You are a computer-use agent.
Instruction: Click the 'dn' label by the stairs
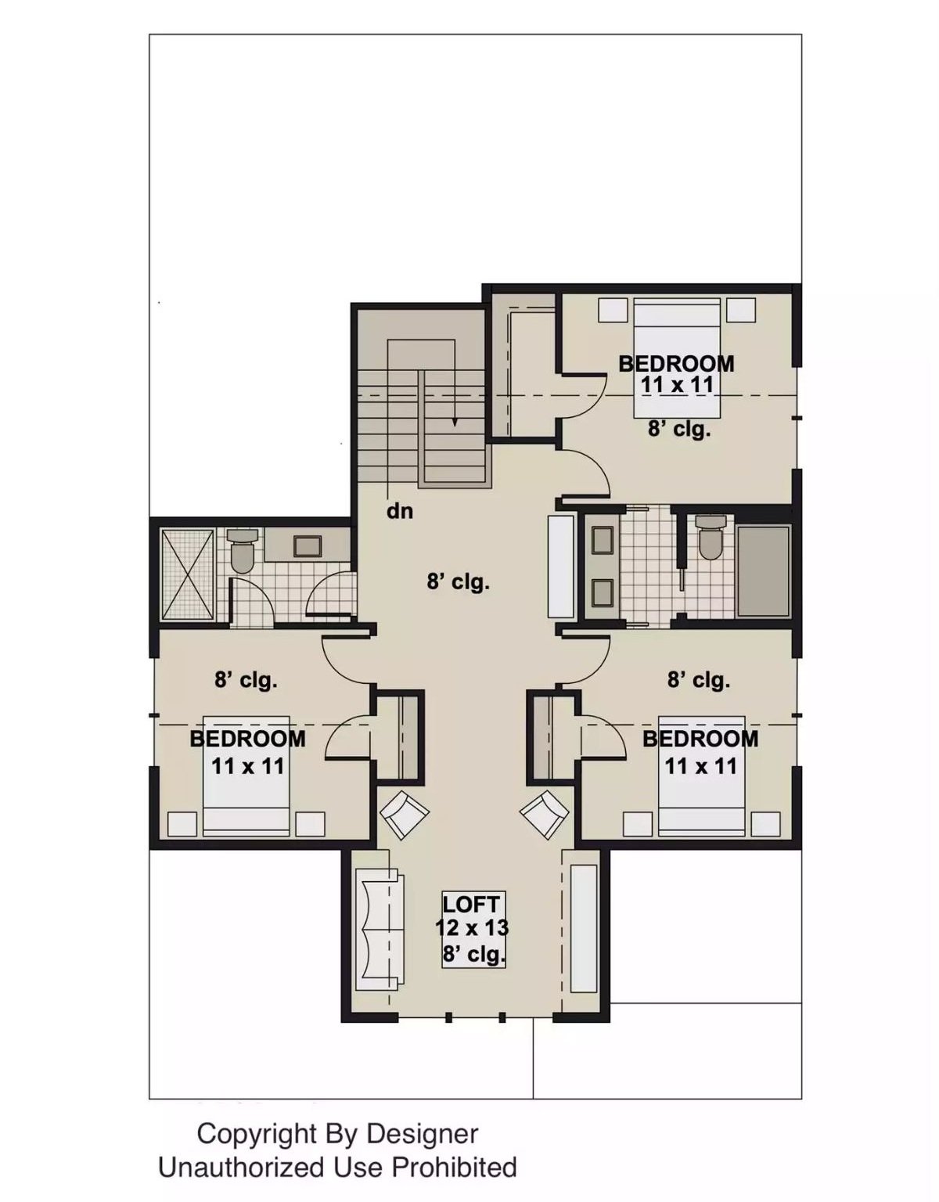pyautogui.click(x=399, y=512)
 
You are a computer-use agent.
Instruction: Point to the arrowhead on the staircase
pyautogui.click(x=454, y=423)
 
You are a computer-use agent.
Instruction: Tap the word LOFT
pyautogui.click(x=471, y=905)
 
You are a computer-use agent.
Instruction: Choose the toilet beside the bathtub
pyautogui.click(x=711, y=538)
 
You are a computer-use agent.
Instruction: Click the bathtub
pyautogui.click(x=764, y=571)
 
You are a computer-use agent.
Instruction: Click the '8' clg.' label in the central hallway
pyautogui.click(x=458, y=582)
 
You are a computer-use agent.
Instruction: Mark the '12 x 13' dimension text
pyautogui.click(x=472, y=929)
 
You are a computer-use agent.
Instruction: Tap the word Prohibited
pyautogui.click(x=454, y=1168)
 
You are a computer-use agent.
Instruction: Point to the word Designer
pyautogui.click(x=423, y=1133)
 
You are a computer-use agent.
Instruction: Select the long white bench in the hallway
pyautogui.click(x=562, y=566)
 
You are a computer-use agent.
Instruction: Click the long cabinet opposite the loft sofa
pyautogui.click(x=584, y=928)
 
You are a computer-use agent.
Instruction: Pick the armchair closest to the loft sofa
pyautogui.click(x=405, y=815)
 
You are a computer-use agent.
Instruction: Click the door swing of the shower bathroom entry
pyautogui.click(x=330, y=595)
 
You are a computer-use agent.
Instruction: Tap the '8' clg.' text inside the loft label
pyautogui.click(x=473, y=955)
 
